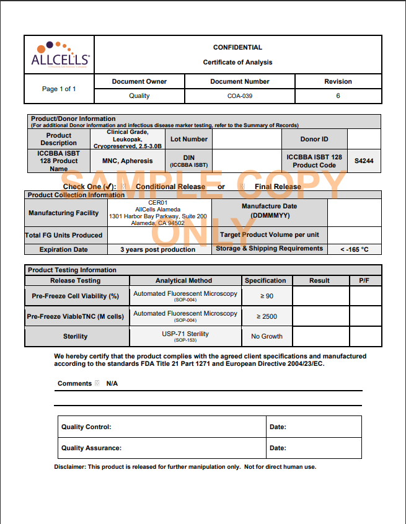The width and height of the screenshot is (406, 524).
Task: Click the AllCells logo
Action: [60, 55]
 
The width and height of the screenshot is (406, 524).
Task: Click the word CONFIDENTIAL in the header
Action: [237, 47]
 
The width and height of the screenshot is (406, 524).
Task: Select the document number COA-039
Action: [239, 96]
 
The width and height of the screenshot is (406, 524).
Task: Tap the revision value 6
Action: [338, 96]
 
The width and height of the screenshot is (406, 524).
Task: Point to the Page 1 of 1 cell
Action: [59, 89]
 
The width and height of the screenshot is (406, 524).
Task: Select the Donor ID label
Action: [314, 139]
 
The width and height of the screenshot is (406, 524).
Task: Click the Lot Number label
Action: [189, 139]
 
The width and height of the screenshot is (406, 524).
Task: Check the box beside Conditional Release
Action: [123, 187]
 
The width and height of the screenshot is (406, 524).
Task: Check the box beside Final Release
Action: [242, 187]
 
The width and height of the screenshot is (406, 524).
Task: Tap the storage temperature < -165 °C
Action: [354, 249]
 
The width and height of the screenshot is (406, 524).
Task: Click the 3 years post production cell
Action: [160, 249]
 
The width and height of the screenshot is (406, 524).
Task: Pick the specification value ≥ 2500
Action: [267, 316]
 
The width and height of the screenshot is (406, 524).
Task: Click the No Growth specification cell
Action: [267, 336]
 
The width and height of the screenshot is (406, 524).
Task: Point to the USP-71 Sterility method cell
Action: [185, 336]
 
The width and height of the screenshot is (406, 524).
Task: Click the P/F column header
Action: [364, 280]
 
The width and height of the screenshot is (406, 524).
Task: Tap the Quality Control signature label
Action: [86, 427]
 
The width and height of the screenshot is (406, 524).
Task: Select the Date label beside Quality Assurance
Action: [278, 448]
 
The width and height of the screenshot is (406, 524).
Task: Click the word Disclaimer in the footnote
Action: [70, 467]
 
